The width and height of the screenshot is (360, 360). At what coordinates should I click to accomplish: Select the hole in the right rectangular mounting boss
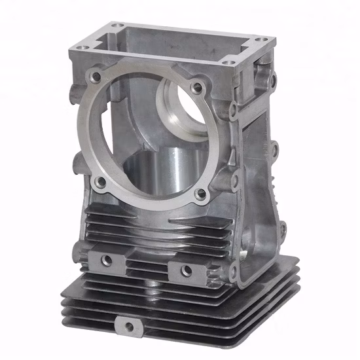tap(186, 269)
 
